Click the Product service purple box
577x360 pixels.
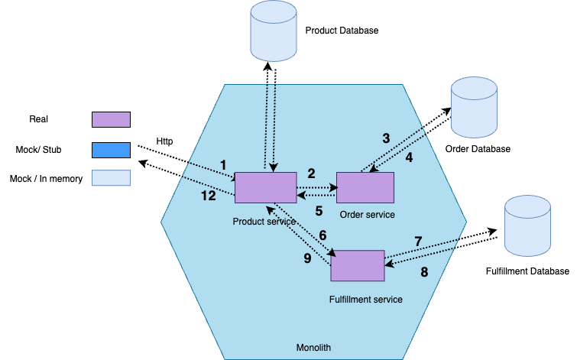click(x=265, y=187)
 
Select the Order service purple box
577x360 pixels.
click(x=365, y=187)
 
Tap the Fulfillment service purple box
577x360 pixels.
click(x=358, y=265)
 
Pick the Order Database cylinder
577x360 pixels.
click(x=474, y=105)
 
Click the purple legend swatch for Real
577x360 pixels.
click(x=111, y=119)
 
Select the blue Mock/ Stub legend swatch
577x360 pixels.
click(x=111, y=148)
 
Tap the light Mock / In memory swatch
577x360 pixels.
click(x=111, y=177)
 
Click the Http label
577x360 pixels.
click(x=164, y=141)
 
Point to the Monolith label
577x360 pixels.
click(x=313, y=348)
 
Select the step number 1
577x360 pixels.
click(x=223, y=165)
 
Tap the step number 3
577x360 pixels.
click(x=386, y=138)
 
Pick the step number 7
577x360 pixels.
click(x=418, y=242)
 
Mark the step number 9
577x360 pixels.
click(x=307, y=258)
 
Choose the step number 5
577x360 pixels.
click(x=319, y=210)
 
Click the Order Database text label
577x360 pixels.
click(x=478, y=148)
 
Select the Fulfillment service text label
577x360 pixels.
click(x=365, y=299)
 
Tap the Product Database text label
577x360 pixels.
click(x=342, y=31)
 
